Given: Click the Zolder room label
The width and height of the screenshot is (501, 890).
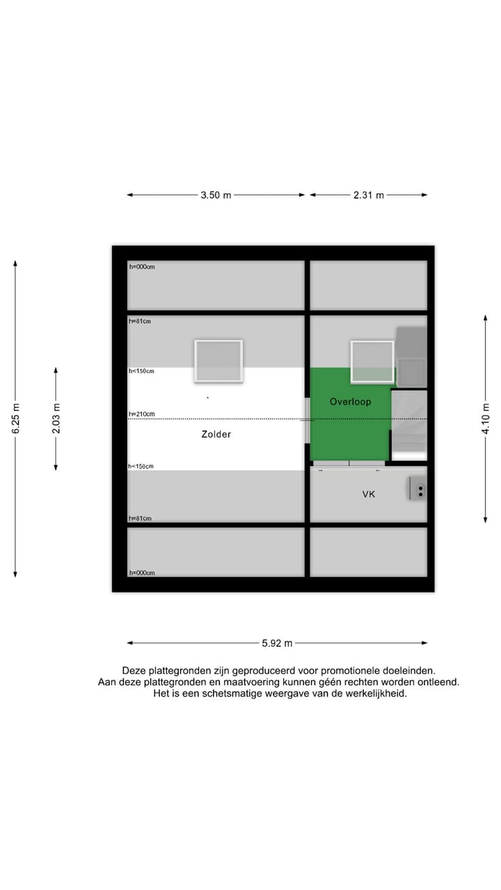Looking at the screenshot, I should coord(216,435).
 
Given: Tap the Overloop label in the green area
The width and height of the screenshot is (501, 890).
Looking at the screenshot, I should coord(350,402).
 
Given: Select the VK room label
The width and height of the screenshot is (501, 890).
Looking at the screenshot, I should coord(369,494).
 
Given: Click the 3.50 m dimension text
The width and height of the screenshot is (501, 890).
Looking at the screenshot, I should coord(216,195).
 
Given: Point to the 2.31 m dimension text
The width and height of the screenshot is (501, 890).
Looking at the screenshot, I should coord(369,195).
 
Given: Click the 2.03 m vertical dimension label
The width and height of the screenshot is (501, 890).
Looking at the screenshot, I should coord(56,418).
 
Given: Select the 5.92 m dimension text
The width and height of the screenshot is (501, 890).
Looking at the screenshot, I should coord(277,643).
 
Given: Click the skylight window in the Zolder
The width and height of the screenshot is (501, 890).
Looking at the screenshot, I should coord(218,360).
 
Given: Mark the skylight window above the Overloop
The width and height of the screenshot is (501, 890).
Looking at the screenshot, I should coord(372,361).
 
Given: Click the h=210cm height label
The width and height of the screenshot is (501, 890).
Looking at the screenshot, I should coord(141,414).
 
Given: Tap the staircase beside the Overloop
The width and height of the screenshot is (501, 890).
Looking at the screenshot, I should coord(409,424).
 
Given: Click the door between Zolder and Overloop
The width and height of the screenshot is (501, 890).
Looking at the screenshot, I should coord(307,420).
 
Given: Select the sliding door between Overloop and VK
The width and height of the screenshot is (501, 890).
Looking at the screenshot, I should coord(349,463).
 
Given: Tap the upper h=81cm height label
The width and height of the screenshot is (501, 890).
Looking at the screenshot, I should coord(140,321).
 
